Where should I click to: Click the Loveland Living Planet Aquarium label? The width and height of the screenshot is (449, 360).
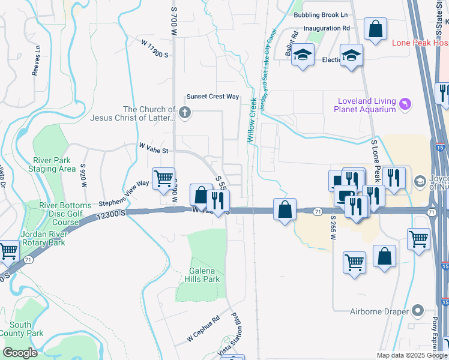[367, 105]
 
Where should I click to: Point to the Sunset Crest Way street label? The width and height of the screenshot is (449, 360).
[212, 97]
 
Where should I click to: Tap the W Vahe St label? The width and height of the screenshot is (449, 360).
[154, 146]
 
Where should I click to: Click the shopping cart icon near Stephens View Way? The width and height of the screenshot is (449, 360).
[163, 178]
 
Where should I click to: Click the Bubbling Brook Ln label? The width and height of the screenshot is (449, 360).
[321, 14]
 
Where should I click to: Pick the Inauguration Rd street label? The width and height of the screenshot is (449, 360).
[327, 28]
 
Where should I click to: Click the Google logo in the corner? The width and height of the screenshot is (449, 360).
[20, 353]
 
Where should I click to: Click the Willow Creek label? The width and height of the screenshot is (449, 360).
[252, 119]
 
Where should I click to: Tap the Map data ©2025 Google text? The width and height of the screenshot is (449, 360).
[412, 355]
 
